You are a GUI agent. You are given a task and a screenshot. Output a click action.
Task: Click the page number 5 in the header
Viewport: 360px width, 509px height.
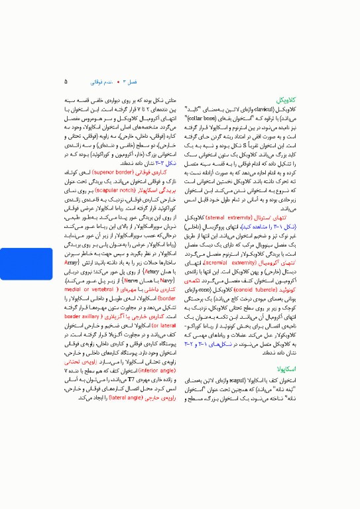66,82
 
